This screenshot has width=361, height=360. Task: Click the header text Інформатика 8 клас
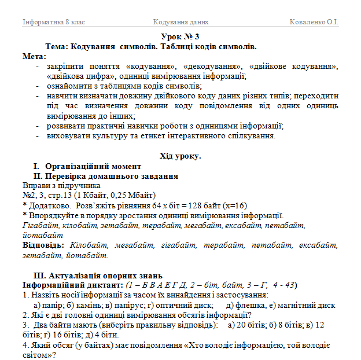pyautogui.click(x=53, y=23)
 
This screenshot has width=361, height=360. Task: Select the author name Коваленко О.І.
pyautogui.click(x=314, y=23)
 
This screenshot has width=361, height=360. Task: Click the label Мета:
pyautogui.click(x=34, y=56)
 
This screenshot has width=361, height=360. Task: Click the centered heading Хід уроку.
pyautogui.click(x=180, y=156)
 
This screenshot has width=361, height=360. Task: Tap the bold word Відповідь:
pyautogui.click(x=43, y=245)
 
